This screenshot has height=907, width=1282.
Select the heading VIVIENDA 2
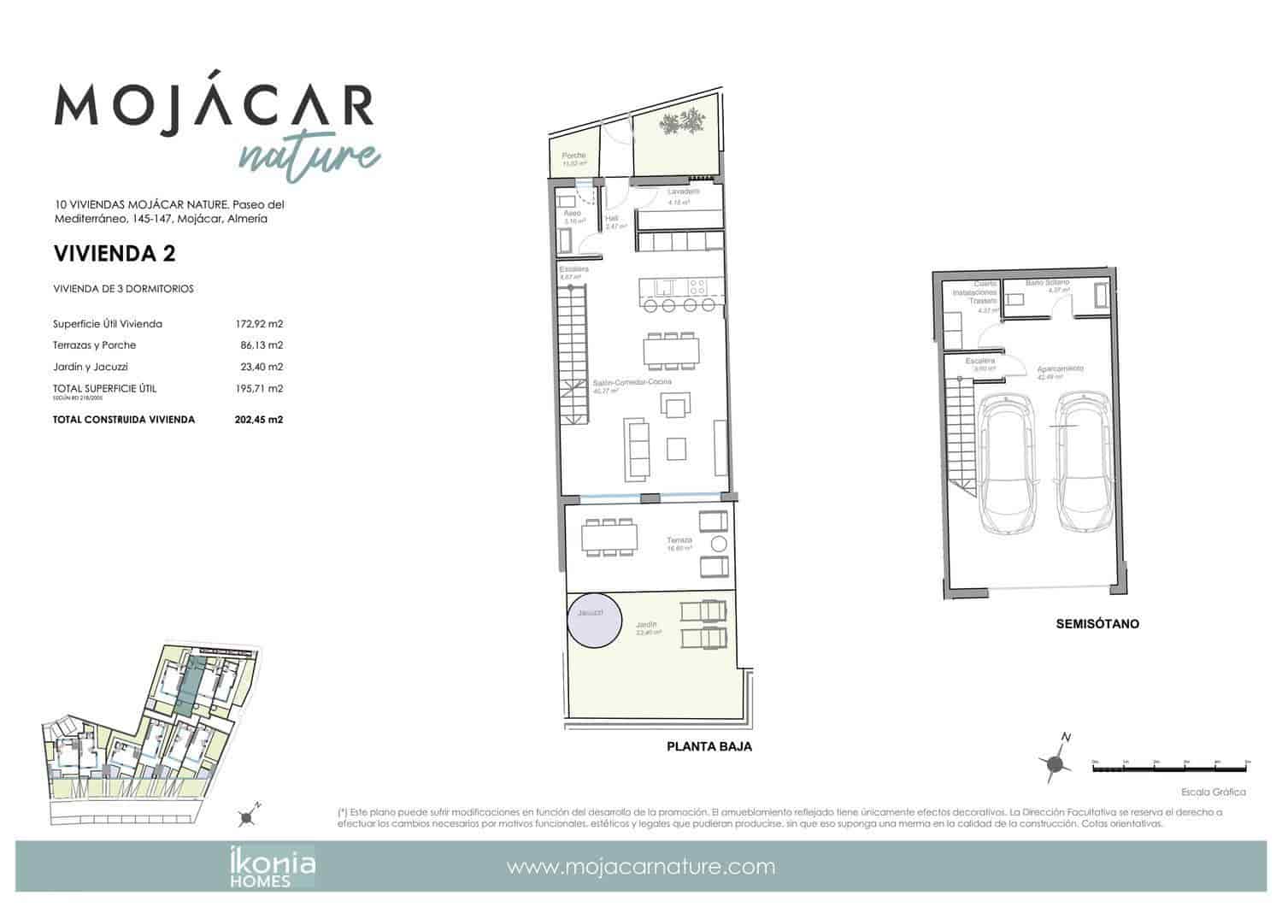(115, 253)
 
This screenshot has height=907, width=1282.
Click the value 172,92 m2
(259, 324)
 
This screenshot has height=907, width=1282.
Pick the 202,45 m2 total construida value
(259, 420)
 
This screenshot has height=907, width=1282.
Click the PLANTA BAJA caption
(709, 746)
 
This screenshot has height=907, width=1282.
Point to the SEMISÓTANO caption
(1097, 624)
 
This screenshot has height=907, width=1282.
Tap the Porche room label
(573, 156)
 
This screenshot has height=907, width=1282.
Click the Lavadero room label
(684, 192)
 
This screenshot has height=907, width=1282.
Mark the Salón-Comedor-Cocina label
(632, 382)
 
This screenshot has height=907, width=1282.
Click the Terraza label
(680, 540)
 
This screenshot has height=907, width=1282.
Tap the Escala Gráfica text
(1213, 792)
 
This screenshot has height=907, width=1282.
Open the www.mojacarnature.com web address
(641, 867)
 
